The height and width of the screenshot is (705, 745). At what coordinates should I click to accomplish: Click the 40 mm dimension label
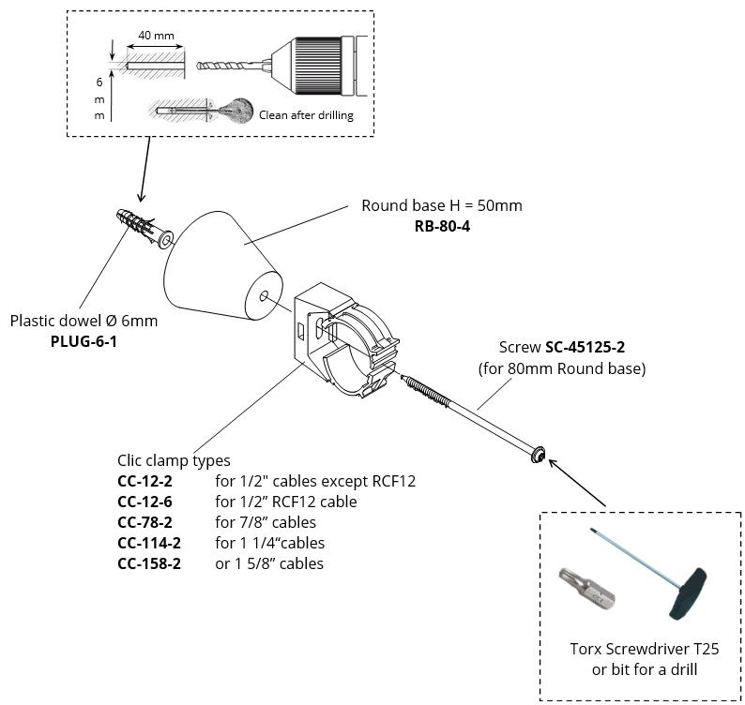(x=155, y=37)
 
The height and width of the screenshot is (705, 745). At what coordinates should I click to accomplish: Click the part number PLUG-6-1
(x=84, y=341)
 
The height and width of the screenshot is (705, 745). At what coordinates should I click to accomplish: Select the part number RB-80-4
(x=441, y=227)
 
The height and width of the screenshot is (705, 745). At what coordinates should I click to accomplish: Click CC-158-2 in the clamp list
(x=148, y=563)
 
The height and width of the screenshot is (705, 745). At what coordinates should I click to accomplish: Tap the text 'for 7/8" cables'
(x=266, y=522)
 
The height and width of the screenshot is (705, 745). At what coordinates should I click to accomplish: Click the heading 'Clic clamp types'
(x=174, y=460)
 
